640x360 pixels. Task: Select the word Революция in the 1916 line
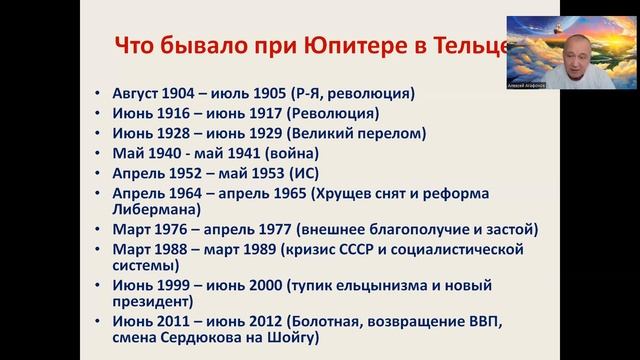point(331,115)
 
